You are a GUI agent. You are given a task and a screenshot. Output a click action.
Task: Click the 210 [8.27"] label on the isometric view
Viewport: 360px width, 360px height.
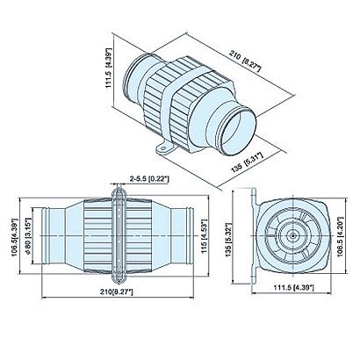tap(245, 61)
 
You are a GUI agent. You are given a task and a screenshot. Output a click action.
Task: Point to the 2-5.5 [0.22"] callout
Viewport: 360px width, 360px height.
tap(149, 178)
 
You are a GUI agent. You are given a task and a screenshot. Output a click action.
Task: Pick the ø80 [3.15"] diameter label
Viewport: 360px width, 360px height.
tap(28, 235)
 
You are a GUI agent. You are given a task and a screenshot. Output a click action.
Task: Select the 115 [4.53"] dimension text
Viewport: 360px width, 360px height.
tap(205, 235)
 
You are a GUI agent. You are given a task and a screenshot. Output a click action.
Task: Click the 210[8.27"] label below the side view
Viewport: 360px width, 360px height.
tap(117, 292)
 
